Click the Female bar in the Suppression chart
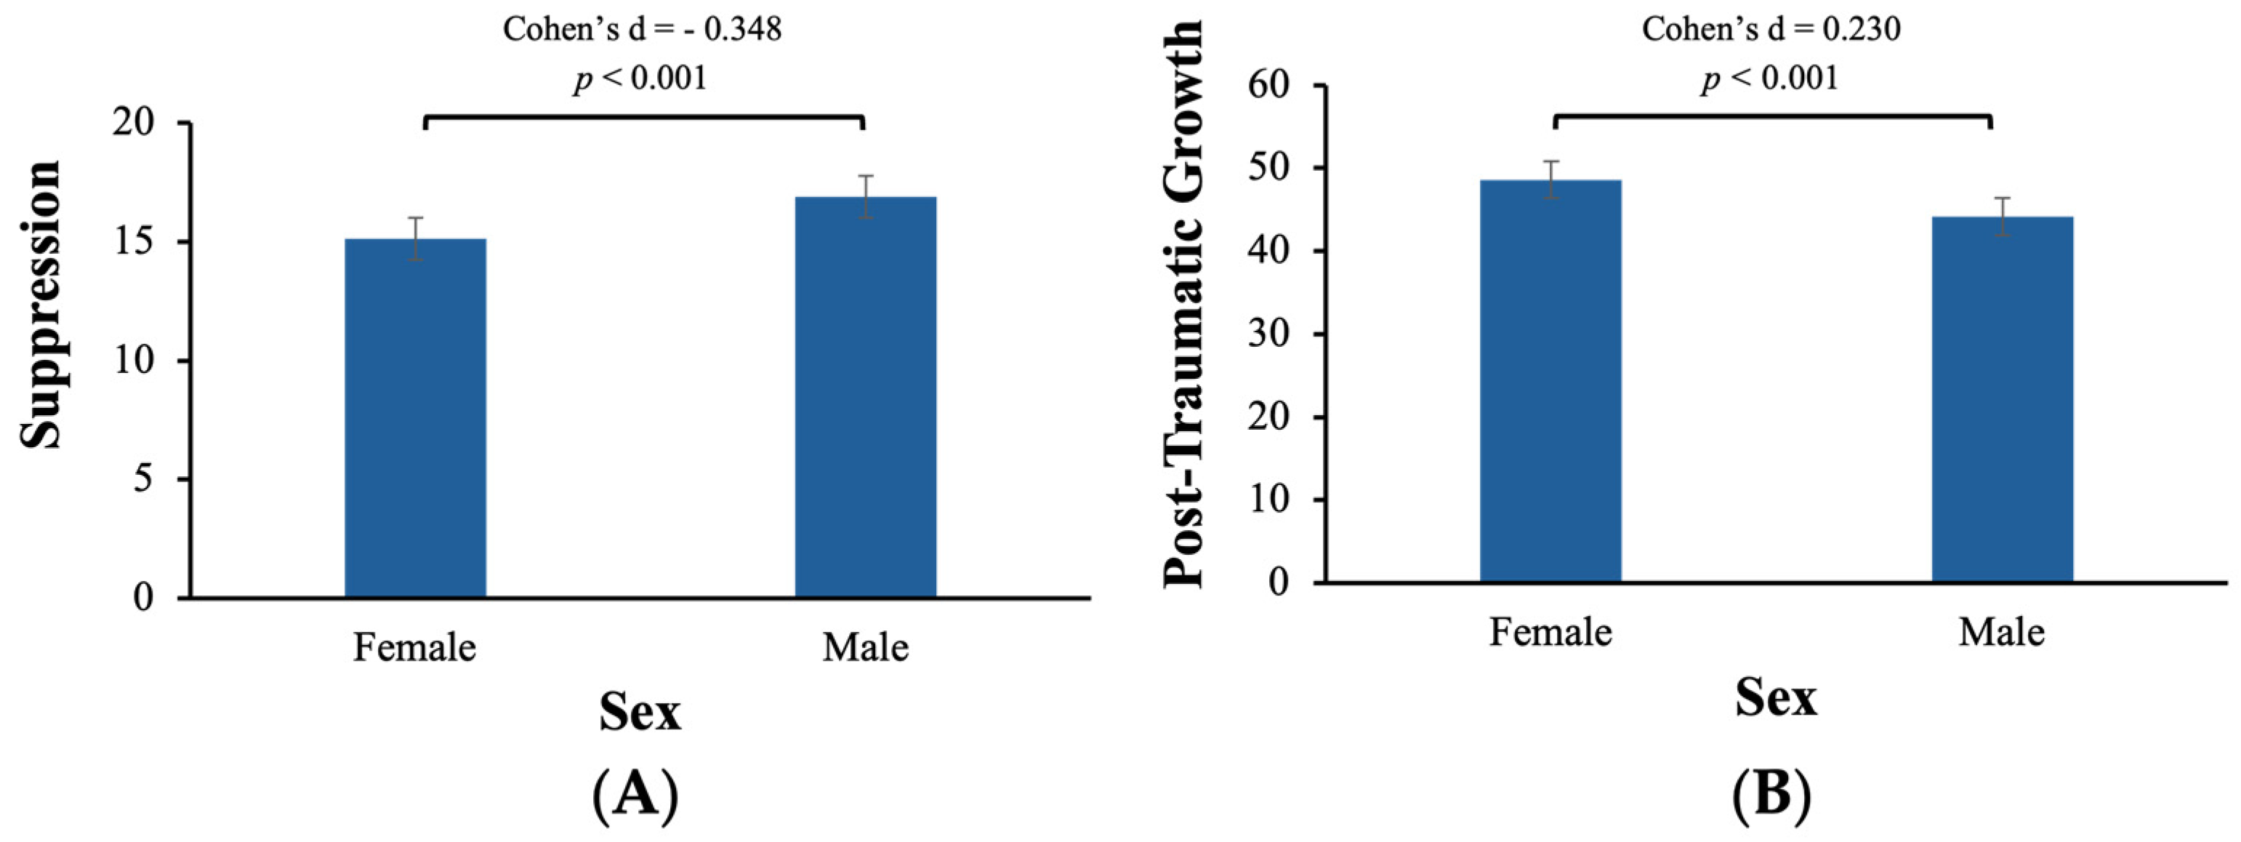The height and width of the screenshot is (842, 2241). pos(415,417)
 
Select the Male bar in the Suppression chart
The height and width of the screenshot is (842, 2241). pos(866,397)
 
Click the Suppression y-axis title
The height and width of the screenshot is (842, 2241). pos(41,305)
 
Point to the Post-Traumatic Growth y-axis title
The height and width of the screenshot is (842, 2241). pos(1185,305)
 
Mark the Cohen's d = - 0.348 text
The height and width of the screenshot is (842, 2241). pos(642,30)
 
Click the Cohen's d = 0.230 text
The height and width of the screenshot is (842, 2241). pos(1771,30)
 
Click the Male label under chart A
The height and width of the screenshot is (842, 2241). pos(866,648)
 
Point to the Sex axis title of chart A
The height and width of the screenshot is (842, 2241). pos(640,713)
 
